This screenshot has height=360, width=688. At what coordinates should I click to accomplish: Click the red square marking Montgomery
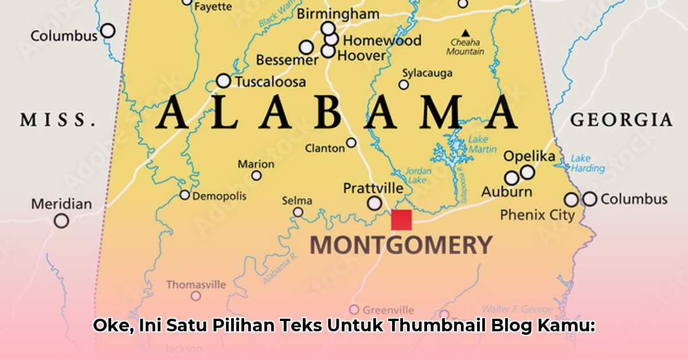[x=401, y=220]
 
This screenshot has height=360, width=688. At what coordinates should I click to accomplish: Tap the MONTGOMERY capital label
[x=401, y=245]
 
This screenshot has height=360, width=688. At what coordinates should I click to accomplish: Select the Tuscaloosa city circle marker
[x=224, y=81]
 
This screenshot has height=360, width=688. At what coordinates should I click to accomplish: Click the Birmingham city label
[x=338, y=14]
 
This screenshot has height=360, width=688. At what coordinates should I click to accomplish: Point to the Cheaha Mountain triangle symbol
[x=466, y=33]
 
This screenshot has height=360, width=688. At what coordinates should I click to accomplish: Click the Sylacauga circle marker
[x=404, y=85]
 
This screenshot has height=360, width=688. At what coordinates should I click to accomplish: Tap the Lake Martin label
[x=482, y=144]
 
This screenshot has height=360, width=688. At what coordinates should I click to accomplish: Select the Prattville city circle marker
[x=374, y=203]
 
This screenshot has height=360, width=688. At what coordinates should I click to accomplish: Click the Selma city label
[x=297, y=201]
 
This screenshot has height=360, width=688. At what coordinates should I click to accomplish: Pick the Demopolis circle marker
[x=185, y=195]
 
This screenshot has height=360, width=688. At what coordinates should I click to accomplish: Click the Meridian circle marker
[x=61, y=221]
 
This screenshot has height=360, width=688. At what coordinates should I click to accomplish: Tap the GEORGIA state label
[x=621, y=120]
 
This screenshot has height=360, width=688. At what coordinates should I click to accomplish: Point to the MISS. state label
[x=58, y=120]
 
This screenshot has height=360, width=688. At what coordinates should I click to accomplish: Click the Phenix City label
[x=537, y=215]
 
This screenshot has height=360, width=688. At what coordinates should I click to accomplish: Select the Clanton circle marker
[x=351, y=143]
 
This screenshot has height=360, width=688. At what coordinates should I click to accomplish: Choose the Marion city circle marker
[x=256, y=175]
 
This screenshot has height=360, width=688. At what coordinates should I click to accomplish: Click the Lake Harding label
[x=588, y=163]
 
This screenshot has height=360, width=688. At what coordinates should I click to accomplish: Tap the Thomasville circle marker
[x=196, y=296]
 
